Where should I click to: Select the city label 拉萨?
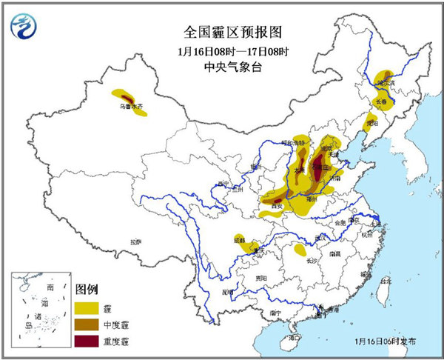[135, 241]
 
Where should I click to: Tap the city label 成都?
[238, 240]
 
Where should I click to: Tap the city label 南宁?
[275, 313]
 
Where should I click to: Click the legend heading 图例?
[87, 288]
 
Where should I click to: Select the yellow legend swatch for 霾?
[87, 307]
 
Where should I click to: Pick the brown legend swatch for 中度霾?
[87, 324]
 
